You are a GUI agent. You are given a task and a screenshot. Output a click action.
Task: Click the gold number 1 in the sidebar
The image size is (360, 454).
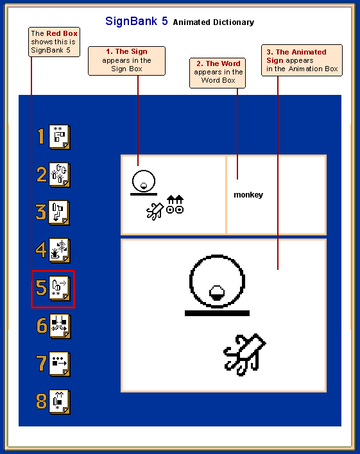pos(41,137)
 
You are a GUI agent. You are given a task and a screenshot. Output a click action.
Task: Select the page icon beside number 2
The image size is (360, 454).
pos(60,175)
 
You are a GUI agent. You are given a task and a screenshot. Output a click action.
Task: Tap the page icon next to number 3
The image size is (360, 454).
pos(59,213)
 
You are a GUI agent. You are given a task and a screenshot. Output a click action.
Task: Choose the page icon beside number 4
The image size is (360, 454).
pos(60,251)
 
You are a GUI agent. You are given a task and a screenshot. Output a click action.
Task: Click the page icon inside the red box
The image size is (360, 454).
pos(60,289)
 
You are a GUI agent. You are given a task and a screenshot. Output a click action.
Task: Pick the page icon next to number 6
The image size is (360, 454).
pos(60,326)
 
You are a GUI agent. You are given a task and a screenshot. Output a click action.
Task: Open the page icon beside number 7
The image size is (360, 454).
pos(60,364)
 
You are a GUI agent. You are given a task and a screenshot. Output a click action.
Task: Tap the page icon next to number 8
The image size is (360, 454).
pos(60,402)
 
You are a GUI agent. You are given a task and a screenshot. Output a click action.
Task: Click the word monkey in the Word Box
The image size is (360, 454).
pos(248,195)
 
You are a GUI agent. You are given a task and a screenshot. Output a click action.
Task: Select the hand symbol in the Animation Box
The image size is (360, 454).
pos(245,355)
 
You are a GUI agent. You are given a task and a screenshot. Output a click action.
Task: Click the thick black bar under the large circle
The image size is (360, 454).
pos(217,313)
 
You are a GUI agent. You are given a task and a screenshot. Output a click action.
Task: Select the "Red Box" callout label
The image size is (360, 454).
pos(54,42)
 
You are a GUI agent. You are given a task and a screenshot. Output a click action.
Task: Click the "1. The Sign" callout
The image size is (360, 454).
pos(126,61)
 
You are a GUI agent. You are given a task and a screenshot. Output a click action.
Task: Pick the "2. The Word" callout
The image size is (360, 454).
pos(218,73)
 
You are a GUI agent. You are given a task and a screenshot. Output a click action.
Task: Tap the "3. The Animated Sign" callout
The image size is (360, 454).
pos(302,60)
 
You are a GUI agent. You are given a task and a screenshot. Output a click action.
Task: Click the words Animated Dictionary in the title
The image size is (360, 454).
pos(214,22)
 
